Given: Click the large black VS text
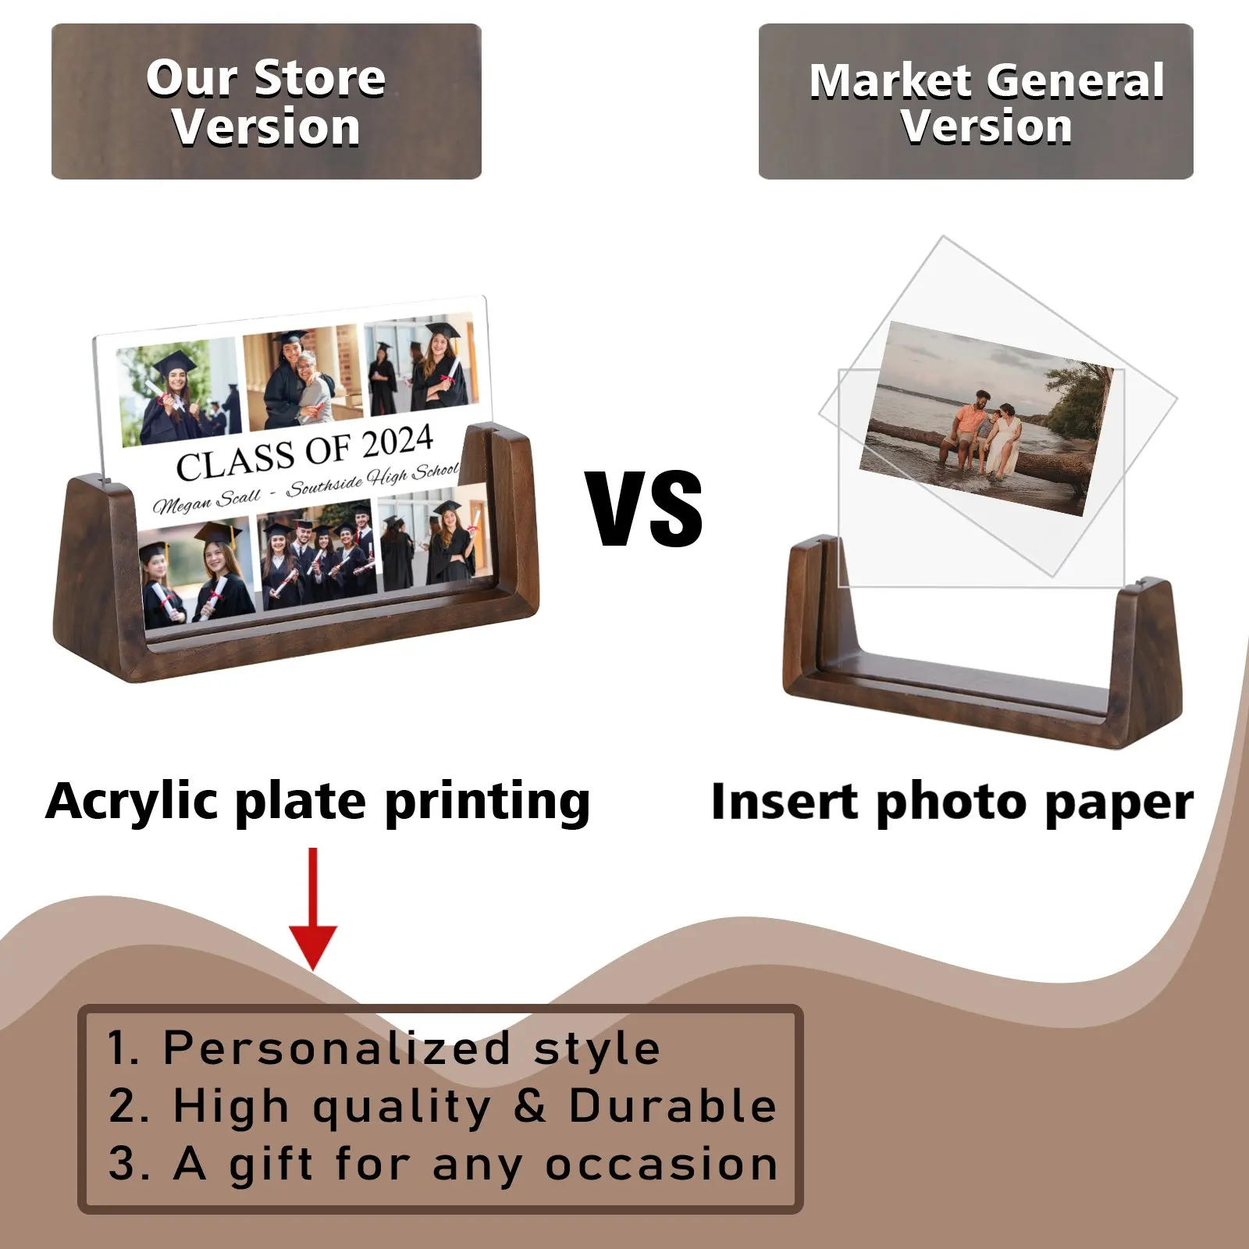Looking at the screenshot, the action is point(645,508).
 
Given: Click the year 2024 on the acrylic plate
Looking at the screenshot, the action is point(397,443).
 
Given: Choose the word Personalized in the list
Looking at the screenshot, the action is point(336,1048).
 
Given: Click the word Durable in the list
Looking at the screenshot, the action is point(673,1106).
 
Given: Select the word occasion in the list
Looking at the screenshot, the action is point(661,1165).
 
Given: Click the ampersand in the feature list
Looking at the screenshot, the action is point(530,1106).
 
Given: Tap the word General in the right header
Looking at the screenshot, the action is point(1076,80).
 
